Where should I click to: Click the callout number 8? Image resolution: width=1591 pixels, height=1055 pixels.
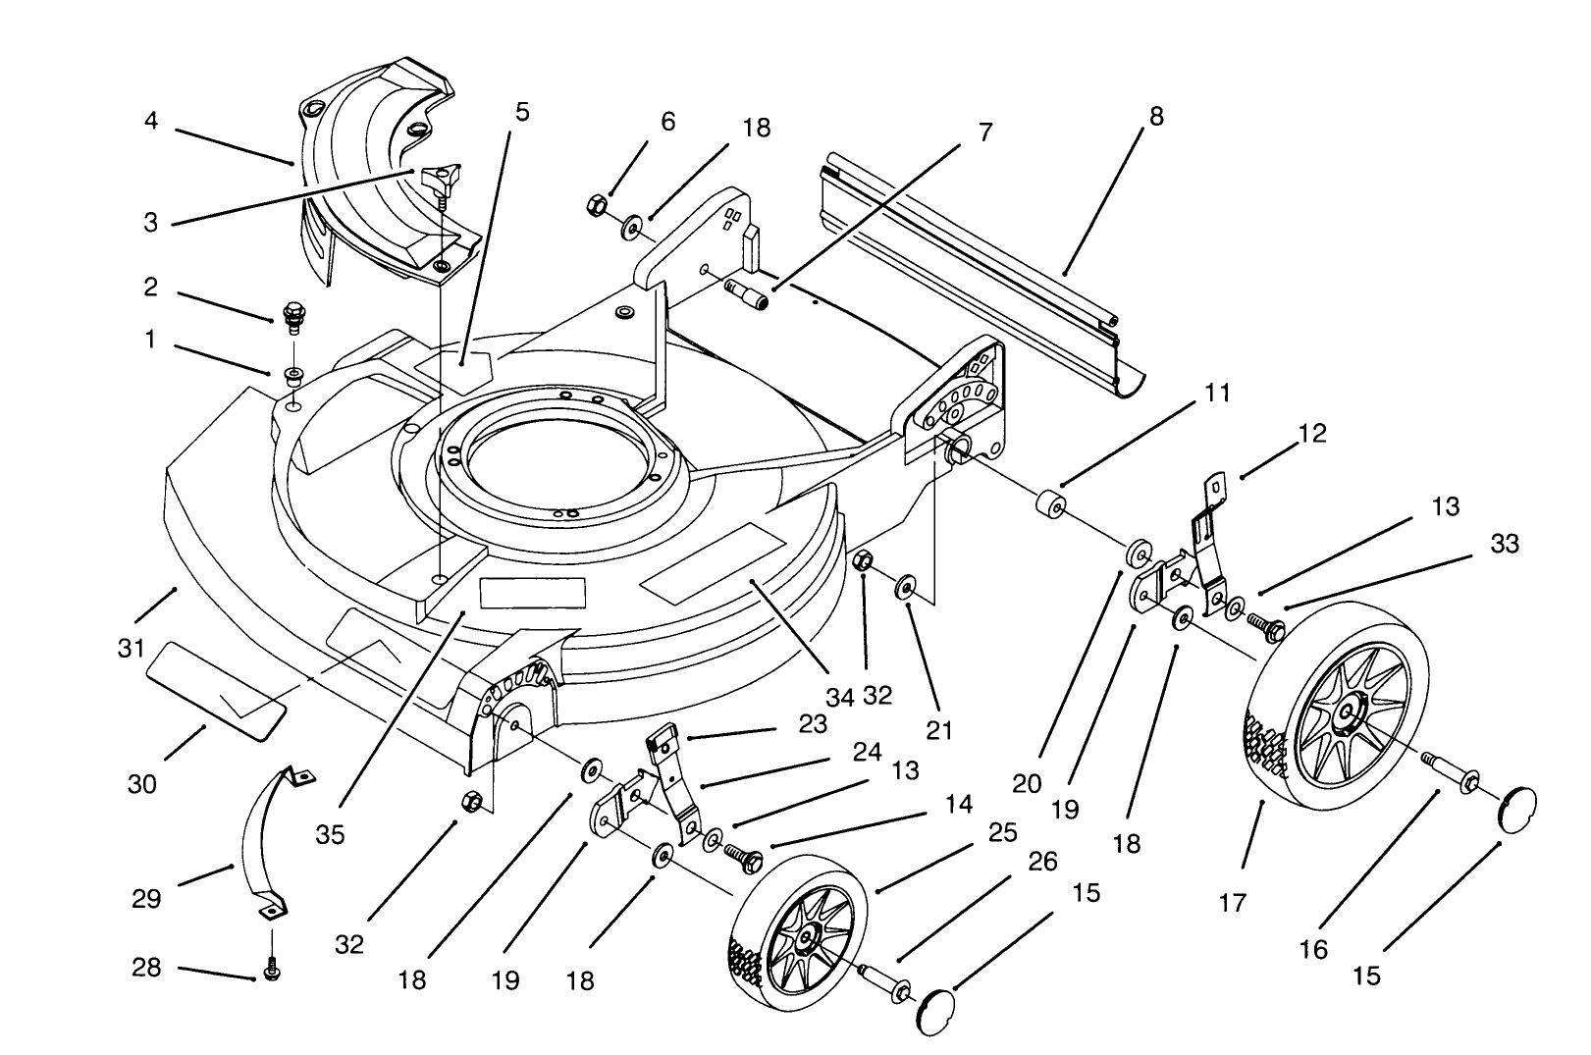pyautogui.click(x=1155, y=117)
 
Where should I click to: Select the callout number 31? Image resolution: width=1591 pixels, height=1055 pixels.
pyautogui.click(x=132, y=649)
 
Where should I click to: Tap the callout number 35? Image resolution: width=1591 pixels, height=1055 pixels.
pyautogui.click(x=331, y=834)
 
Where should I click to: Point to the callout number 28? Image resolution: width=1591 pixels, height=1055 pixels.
pyautogui.click(x=146, y=969)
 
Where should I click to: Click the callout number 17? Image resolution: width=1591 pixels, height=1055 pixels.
pyautogui.click(x=1232, y=902)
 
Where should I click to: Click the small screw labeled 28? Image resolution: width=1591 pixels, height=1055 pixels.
pyautogui.click(x=272, y=970)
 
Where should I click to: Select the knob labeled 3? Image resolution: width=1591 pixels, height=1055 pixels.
pyautogui.click(x=439, y=180)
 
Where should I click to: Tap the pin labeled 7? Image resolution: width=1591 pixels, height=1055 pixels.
pyautogui.click(x=749, y=293)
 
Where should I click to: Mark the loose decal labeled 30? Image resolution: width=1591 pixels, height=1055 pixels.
pyautogui.click(x=216, y=687)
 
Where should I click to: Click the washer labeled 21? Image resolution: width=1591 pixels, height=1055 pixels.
pyautogui.click(x=904, y=589)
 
